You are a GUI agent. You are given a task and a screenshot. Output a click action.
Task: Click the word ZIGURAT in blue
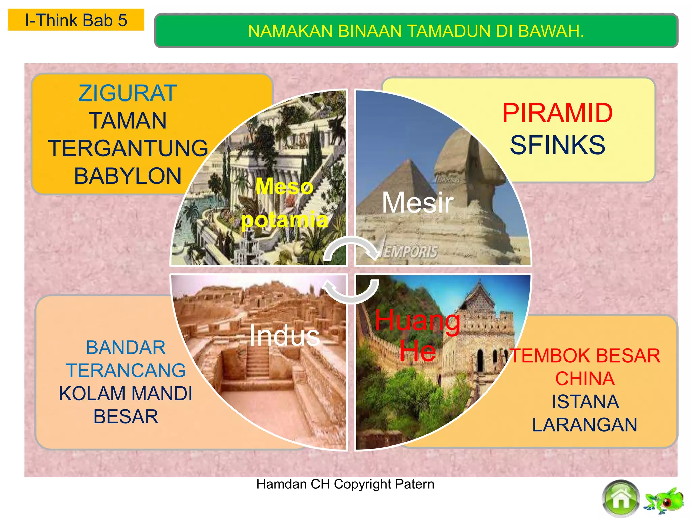click(x=128, y=93)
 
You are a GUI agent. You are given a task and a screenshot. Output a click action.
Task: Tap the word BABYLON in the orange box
click(x=128, y=176)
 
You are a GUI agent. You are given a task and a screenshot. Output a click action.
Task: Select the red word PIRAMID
click(x=557, y=113)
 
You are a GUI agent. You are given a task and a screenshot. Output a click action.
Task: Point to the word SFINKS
click(x=557, y=145)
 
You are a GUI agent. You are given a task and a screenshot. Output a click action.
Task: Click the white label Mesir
click(x=417, y=203)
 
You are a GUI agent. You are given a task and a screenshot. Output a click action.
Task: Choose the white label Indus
click(x=284, y=336)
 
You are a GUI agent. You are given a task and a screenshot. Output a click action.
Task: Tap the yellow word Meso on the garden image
click(x=284, y=186)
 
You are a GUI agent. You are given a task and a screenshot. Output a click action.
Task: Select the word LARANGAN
click(x=585, y=425)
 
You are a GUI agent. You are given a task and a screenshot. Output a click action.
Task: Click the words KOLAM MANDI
click(x=126, y=394)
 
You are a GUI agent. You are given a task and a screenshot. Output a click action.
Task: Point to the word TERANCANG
click(x=126, y=371)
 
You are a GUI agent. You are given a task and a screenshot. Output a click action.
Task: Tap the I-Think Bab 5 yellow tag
click(x=76, y=20)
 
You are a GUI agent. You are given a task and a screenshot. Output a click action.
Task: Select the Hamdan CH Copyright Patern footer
click(x=345, y=484)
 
